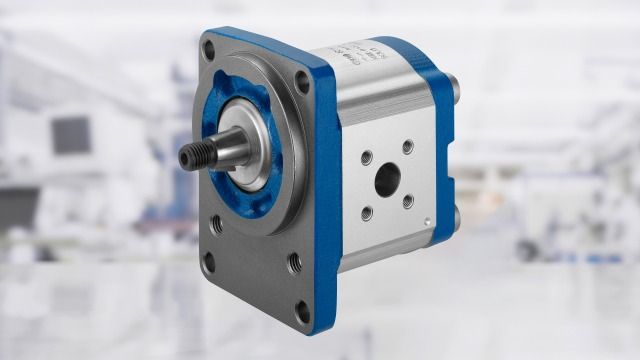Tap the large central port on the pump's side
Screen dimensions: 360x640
coord(387,180)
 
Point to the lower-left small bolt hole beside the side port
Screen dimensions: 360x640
coord(367,211)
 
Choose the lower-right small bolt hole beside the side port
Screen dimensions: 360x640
coord(408,201)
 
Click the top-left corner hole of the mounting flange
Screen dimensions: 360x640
coord(213,47)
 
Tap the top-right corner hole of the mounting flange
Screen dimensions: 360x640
coord(301,87)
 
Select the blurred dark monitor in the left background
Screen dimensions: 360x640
coord(69,134)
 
